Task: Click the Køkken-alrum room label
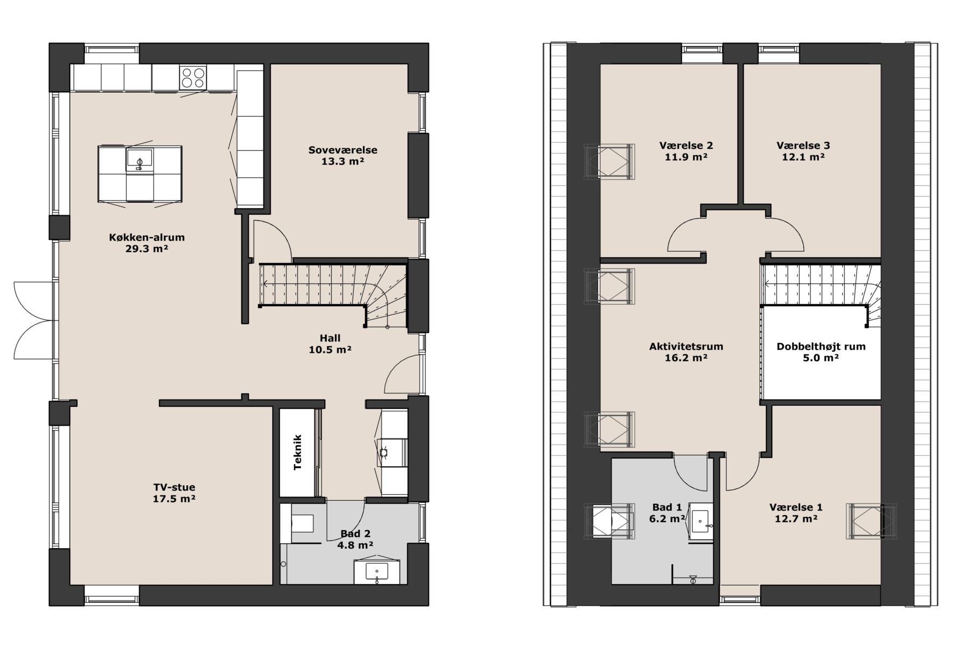pos(147,237)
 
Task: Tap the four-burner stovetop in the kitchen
pos(193,77)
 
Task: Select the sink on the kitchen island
pos(140,159)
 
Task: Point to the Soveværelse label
pos(342,150)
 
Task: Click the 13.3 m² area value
pos(342,162)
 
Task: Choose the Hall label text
pos(330,338)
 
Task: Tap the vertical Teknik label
pos(298,453)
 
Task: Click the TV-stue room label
pos(174,487)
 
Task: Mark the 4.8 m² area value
pos(355,545)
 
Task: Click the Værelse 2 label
pos(686,145)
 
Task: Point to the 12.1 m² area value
pos(803,157)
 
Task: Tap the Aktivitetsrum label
pos(686,346)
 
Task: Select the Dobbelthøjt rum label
pos(821,346)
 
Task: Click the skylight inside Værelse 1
pos(871,520)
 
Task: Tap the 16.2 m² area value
pos(686,358)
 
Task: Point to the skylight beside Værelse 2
pos(609,162)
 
